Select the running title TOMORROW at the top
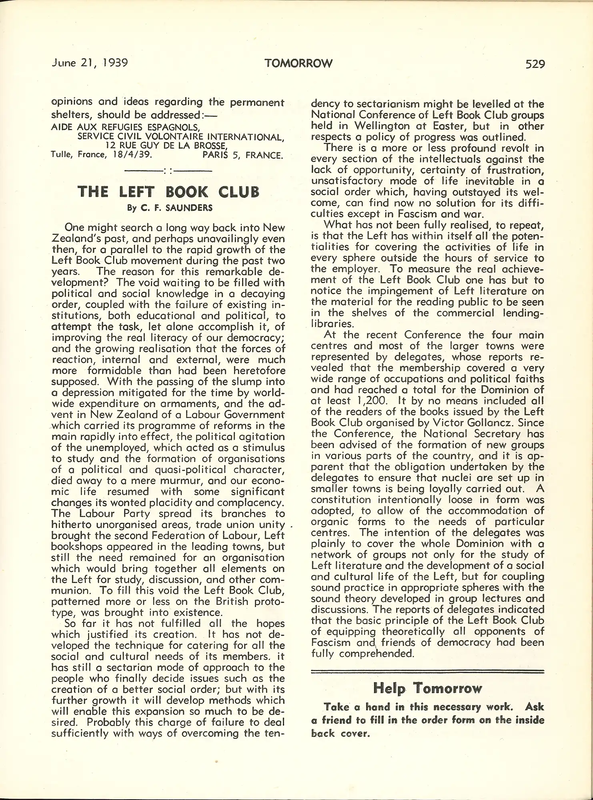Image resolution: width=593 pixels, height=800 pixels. click(299, 64)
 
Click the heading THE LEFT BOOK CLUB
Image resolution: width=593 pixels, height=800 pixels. click(168, 192)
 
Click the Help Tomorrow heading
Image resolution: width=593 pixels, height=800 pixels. click(427, 688)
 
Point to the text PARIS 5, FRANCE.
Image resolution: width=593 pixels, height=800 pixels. click(242, 155)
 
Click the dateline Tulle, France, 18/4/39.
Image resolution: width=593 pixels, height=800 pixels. click(102, 154)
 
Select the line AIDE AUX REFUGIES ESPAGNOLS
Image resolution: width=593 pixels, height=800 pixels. click(126, 127)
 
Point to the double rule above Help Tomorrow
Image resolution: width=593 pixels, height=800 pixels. click(427, 671)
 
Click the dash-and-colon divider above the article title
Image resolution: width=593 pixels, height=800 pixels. click(168, 171)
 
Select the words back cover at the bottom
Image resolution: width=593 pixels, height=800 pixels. click(340, 734)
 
